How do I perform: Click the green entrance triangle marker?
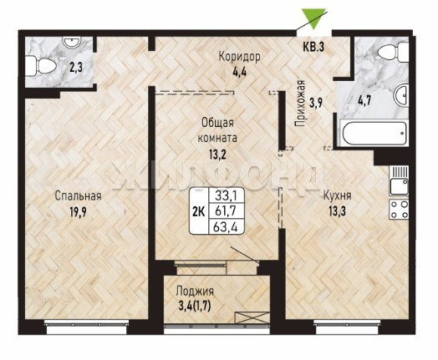(313, 18)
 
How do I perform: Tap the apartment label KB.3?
(313, 47)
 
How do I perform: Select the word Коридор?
(239, 57)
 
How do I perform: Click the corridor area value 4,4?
(240, 74)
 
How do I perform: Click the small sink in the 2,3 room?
(73, 42)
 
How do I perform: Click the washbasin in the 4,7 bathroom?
(401, 94)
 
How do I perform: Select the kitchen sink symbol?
(399, 181)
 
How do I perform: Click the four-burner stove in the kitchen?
(399, 209)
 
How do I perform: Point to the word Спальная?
(78, 196)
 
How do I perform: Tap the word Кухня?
(337, 195)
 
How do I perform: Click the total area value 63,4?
(226, 227)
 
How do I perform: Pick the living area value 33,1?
(226, 195)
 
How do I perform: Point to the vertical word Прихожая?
(300, 104)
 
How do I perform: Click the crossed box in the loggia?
(252, 317)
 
